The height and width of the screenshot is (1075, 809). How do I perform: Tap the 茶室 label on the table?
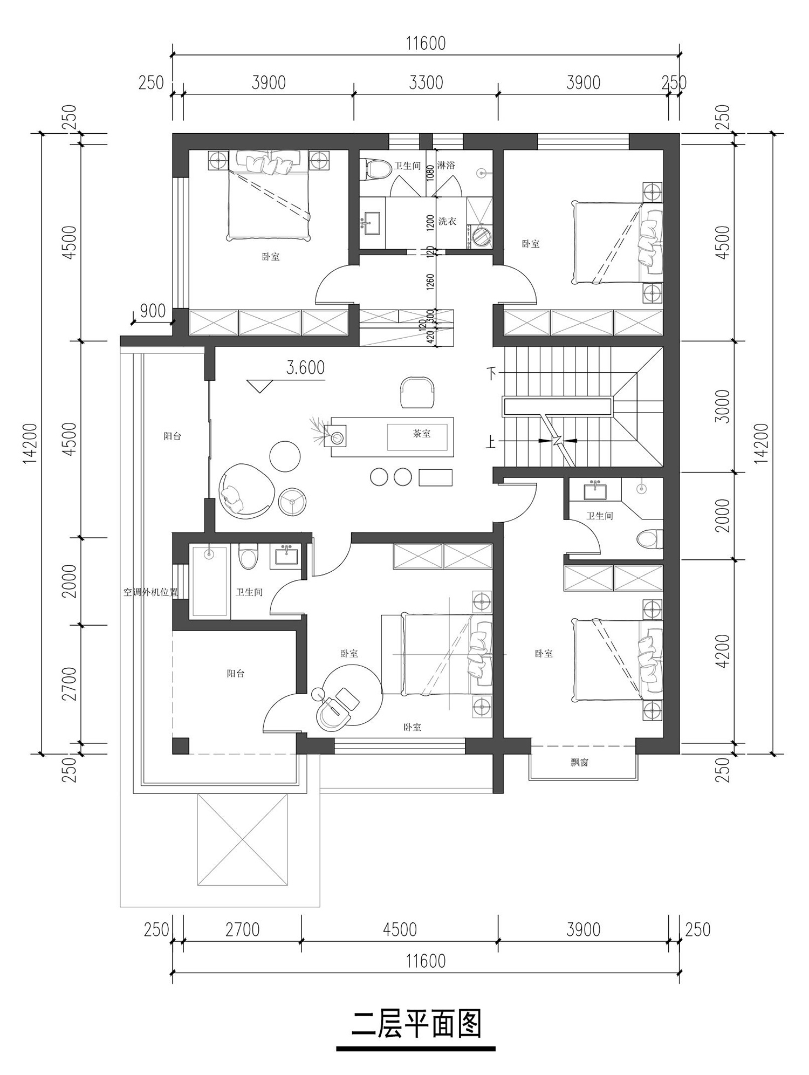pyautogui.click(x=422, y=432)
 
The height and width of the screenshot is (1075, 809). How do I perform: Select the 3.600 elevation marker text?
pyautogui.click(x=305, y=368)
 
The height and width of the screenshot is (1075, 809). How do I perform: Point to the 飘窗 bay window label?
pyautogui.click(x=579, y=763)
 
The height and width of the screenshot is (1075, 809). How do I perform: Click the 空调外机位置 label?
pyautogui.click(x=150, y=592)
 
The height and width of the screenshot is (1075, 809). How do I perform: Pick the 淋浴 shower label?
pyautogui.click(x=446, y=165)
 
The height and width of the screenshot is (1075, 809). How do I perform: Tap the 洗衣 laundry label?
pyautogui.click(x=447, y=221)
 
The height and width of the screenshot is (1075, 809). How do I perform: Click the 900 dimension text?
pyautogui.click(x=153, y=311)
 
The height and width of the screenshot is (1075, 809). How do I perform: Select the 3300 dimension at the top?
pyautogui.click(x=426, y=83)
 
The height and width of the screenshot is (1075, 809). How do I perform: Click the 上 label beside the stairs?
pyautogui.click(x=491, y=443)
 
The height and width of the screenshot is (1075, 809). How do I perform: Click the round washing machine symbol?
pyautogui.click(x=481, y=236)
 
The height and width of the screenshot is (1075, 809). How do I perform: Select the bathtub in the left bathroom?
pyautogui.click(x=209, y=580)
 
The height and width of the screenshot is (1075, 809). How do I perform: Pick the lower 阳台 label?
pyautogui.click(x=236, y=674)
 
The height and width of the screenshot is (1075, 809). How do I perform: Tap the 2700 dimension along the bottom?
pyautogui.click(x=243, y=930)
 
